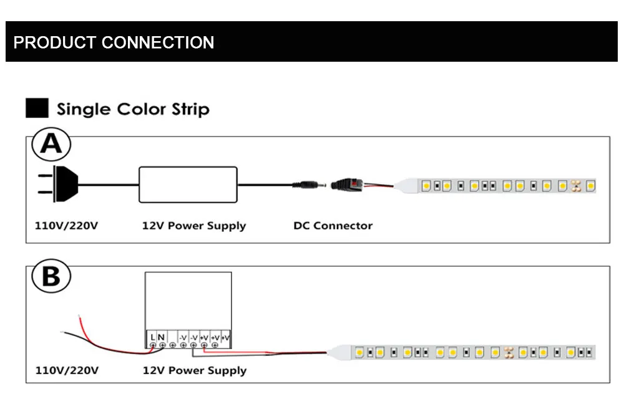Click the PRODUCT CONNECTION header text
[x=114, y=42]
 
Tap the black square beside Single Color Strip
[x=37, y=108]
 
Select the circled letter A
[x=51, y=144]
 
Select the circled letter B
[x=51, y=276]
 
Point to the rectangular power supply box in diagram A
[x=188, y=185]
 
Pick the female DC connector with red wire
[x=347, y=185]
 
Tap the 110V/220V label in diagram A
[x=67, y=226]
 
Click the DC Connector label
[x=333, y=226]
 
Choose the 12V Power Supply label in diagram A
[x=194, y=226]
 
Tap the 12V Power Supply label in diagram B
[x=195, y=371]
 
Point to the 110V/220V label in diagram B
[x=67, y=370]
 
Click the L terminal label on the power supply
[x=153, y=337]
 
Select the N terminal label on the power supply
[x=161, y=337]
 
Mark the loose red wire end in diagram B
[x=80, y=316]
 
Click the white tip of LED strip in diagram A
[x=406, y=186]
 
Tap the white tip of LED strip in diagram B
[x=339, y=352]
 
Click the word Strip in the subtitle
[x=190, y=109]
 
